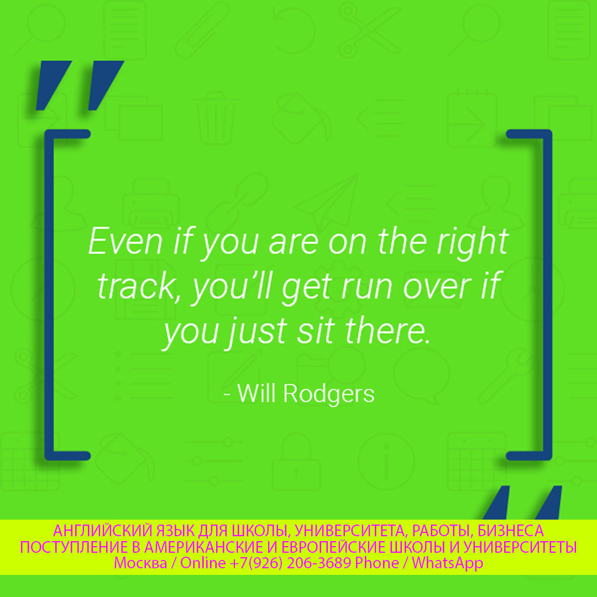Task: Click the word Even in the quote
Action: coord(125,241)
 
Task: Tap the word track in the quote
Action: coord(137,286)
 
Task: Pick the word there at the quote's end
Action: coord(387,329)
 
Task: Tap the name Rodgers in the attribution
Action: coord(329,394)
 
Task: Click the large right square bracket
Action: coord(547,295)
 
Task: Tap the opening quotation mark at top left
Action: coord(80,85)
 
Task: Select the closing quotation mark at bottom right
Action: coord(522,502)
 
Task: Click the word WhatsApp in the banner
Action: coord(447,563)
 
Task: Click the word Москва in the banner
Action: coord(140,563)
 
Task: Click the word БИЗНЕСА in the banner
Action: coord(511,531)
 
